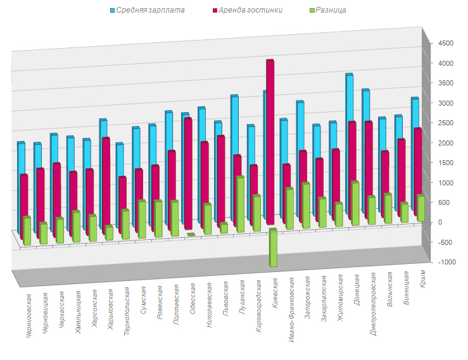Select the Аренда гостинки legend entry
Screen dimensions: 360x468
tap(250, 10)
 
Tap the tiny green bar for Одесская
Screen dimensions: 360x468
tap(191, 235)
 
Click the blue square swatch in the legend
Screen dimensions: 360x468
tap(113, 11)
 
